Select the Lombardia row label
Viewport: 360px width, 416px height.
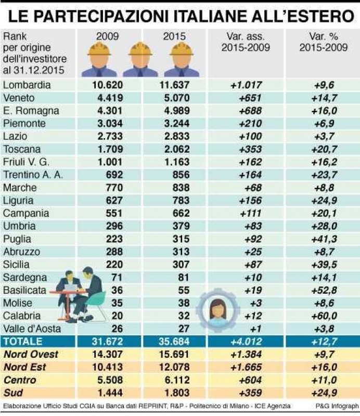(x=27, y=85)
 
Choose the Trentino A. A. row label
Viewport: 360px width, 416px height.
(x=32, y=175)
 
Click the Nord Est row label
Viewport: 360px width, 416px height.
(x=24, y=368)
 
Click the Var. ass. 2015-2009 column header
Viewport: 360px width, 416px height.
(x=246, y=43)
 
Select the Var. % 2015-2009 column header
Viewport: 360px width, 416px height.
(x=323, y=43)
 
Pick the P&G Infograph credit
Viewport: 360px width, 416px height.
(x=336, y=406)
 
